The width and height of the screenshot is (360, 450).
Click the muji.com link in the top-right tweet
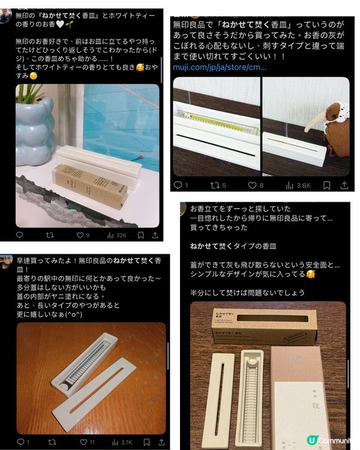pyautogui.click(x=220, y=67)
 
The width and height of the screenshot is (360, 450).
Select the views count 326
pyautogui.click(x=118, y=236)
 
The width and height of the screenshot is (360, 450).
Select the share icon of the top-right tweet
pyautogui.click(x=344, y=185)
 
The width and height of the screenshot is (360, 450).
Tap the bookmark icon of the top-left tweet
pyautogui.click(x=140, y=236)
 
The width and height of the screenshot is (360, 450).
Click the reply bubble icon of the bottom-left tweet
pyautogui.click(x=20, y=442)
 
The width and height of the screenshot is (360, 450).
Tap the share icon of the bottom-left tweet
pyautogui.click(x=155, y=442)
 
